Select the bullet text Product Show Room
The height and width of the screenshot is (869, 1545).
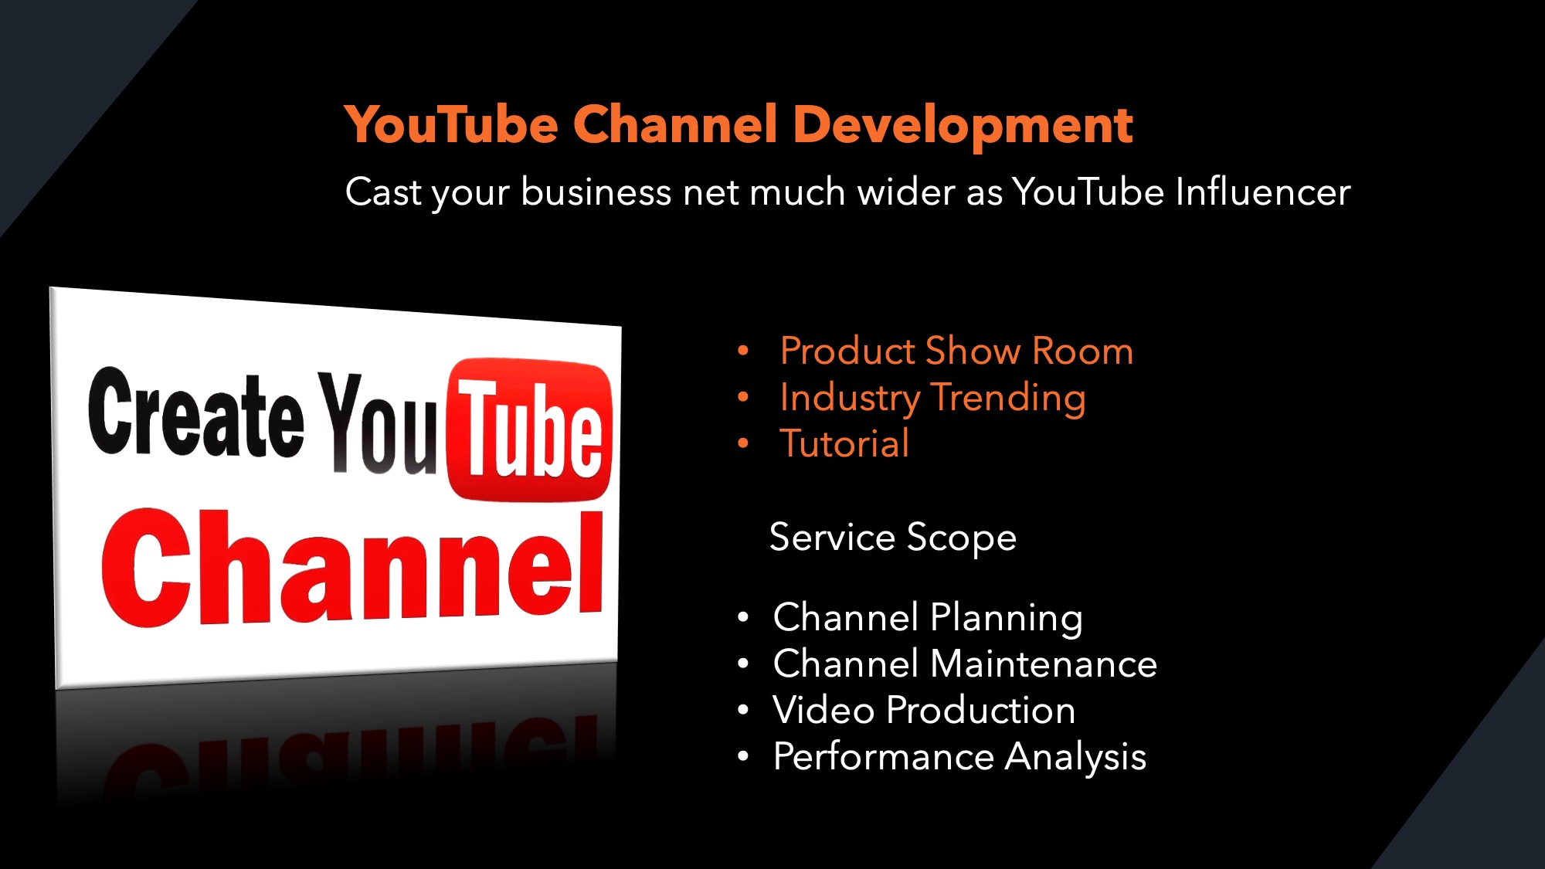coord(956,351)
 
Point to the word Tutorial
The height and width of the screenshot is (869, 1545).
coord(844,443)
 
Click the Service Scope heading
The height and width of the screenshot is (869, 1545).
coord(893,538)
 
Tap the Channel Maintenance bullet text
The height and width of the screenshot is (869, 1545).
coord(965,664)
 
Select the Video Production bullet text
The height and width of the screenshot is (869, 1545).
coord(924,710)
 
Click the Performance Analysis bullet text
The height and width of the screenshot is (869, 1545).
coord(959,757)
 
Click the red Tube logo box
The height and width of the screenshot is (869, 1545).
coord(530,429)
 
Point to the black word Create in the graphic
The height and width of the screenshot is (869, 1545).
coord(196,413)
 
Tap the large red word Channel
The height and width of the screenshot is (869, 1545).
coord(352,568)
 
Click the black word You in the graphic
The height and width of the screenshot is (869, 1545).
coord(379,423)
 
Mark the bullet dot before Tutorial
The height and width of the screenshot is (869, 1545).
coord(743,443)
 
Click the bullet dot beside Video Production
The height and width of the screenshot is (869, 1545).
coord(743,710)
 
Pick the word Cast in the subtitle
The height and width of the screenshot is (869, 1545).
coord(383,192)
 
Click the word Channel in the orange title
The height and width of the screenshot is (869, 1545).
coord(675,125)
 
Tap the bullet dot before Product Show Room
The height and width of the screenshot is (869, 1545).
coord(743,351)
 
